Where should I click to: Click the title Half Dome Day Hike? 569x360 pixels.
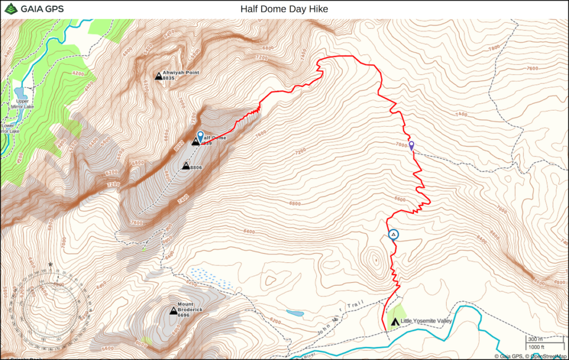[284, 9]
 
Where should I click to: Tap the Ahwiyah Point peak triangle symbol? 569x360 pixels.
[158, 76]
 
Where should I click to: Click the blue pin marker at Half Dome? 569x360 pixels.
[201, 136]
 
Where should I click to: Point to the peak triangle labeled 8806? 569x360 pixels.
[186, 166]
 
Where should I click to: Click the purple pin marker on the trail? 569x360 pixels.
[411, 146]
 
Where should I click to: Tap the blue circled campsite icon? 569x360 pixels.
[393, 234]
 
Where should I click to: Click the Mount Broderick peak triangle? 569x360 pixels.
[173, 312]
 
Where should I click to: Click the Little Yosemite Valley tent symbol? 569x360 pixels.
[395, 322]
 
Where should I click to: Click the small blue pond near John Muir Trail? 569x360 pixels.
[295, 314]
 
